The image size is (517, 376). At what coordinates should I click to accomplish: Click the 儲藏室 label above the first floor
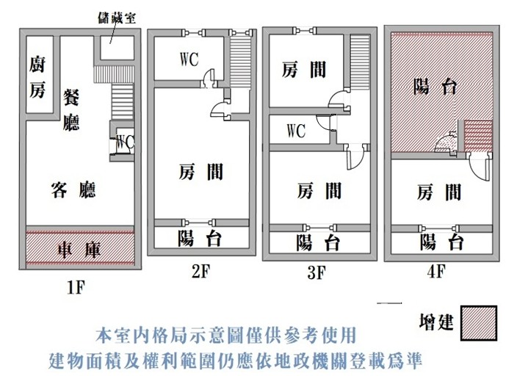(117, 18)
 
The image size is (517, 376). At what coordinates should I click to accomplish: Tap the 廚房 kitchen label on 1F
(37, 78)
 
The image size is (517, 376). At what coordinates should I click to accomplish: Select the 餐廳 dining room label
(71, 109)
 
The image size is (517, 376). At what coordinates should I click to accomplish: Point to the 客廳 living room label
(73, 189)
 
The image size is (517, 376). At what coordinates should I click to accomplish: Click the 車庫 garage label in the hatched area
(79, 250)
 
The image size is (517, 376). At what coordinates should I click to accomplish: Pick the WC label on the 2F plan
(189, 59)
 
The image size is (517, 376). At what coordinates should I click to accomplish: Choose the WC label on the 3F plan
(296, 131)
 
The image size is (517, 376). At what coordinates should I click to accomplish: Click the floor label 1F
(76, 287)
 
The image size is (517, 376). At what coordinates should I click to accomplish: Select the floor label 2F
(200, 272)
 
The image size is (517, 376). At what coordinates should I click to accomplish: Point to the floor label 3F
(317, 272)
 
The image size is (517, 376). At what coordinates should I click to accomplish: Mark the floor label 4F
(436, 272)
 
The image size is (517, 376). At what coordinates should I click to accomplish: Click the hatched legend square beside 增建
(479, 323)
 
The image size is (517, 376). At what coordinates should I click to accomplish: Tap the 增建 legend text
(436, 322)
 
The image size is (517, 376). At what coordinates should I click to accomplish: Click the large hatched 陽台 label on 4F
(435, 87)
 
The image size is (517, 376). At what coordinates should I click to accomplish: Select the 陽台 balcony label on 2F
(200, 238)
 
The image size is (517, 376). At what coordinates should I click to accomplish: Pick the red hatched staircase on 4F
(478, 136)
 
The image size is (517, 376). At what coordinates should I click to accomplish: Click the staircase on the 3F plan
(360, 62)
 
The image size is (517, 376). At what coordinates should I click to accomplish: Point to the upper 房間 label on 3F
(304, 70)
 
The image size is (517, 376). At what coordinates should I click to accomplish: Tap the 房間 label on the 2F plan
(200, 172)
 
